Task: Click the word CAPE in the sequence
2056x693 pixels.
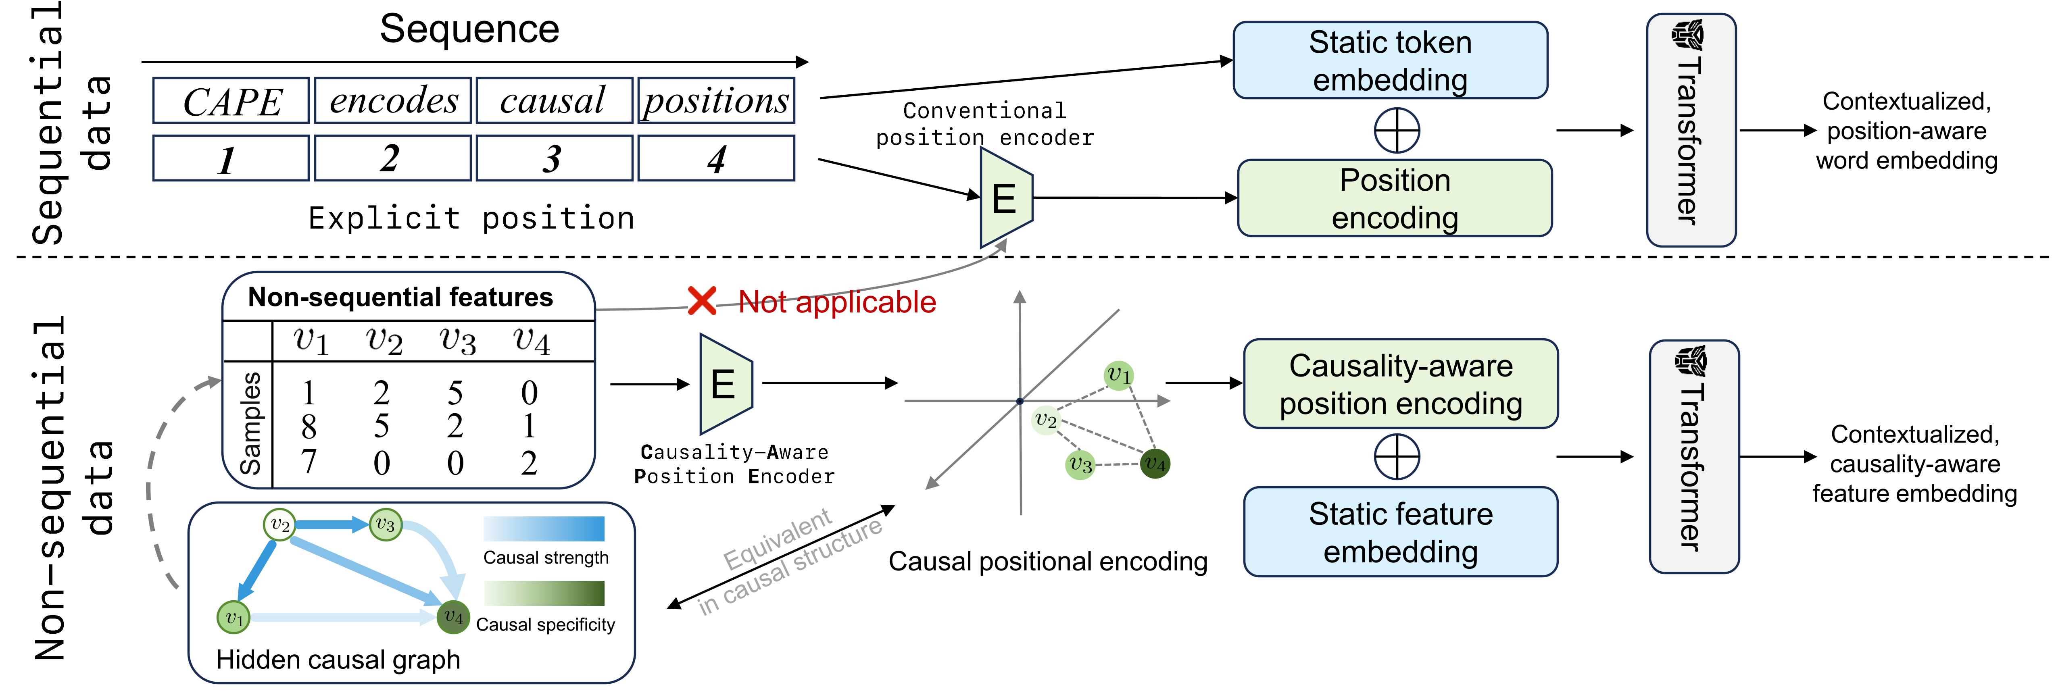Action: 231,101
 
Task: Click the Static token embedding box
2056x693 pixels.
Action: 1390,60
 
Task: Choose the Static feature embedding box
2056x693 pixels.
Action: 1401,532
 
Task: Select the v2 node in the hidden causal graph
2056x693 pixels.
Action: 279,525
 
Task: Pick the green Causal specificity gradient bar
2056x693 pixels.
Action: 544,593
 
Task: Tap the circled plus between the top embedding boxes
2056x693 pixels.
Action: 1397,130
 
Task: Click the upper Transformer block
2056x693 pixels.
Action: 1691,130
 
